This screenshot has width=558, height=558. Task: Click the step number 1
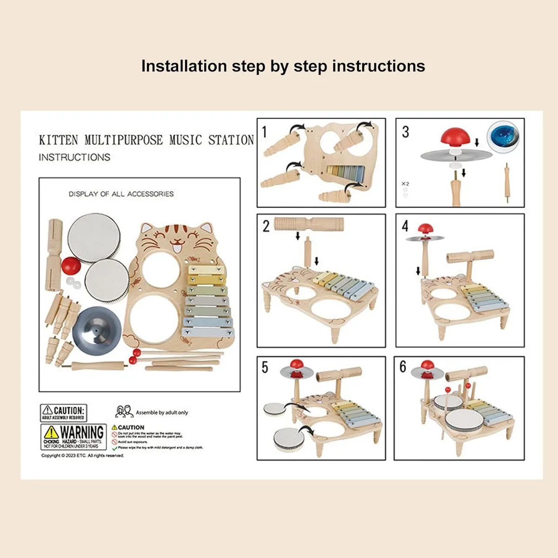coord(265,132)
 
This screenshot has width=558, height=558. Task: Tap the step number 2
coord(266,226)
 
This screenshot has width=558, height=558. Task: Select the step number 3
coord(405,132)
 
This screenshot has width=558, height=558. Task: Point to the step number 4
coord(405,226)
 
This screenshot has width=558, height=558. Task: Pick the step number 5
coord(265,367)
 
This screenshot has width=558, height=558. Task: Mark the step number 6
coord(403,367)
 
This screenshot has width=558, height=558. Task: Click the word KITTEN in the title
coord(59,140)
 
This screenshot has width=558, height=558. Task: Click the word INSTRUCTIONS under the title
coord(74,157)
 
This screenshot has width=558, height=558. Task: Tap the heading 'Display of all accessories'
coord(121,194)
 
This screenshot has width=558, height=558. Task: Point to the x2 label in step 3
coord(405,184)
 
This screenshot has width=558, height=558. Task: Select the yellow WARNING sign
coord(73,436)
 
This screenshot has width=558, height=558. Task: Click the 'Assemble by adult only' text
coord(162,412)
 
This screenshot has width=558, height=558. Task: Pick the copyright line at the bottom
coord(83,456)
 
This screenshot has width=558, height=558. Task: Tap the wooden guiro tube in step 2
coord(309,224)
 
